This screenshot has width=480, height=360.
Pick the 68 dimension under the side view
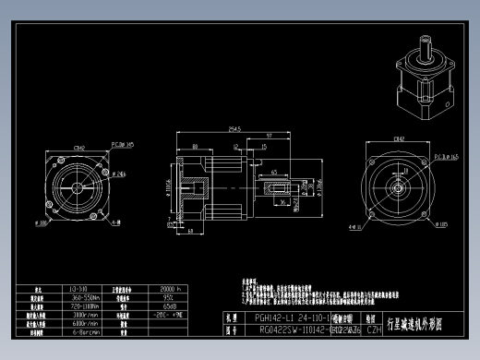[189, 230]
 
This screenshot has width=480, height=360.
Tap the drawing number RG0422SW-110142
[272, 329]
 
